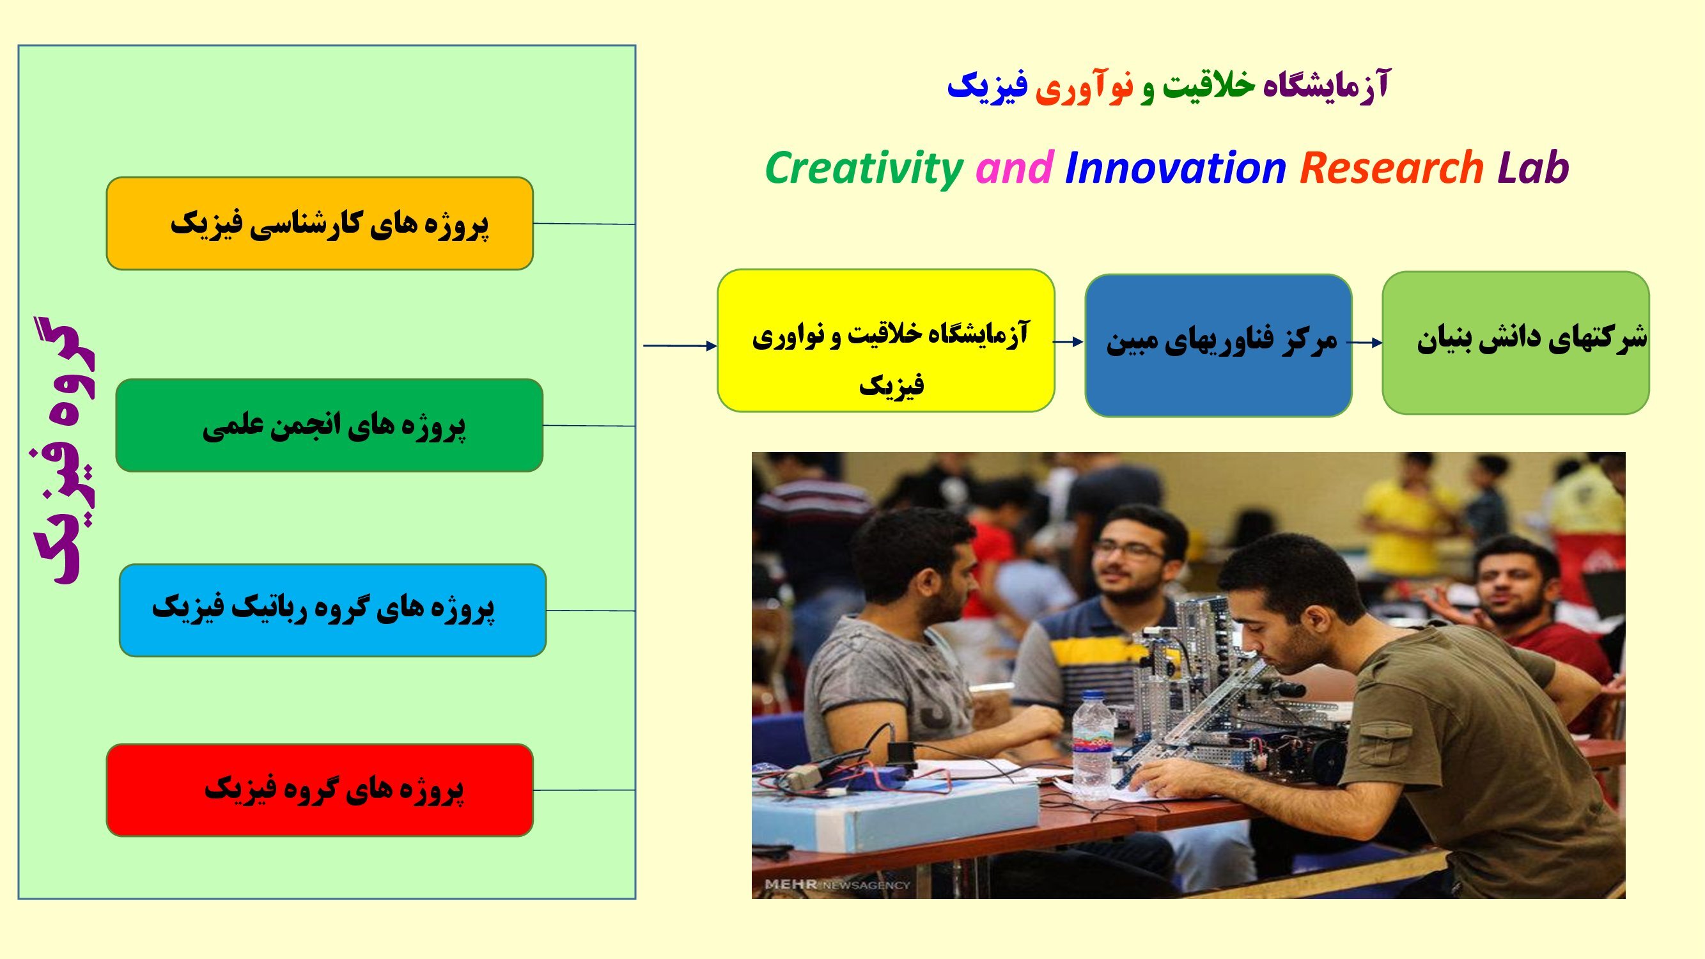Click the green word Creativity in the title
pyautogui.click(x=864, y=168)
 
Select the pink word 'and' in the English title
pyautogui.click(x=1014, y=168)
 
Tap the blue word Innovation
pyautogui.click(x=1176, y=168)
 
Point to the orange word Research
pyautogui.click(x=1391, y=168)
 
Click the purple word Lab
pyautogui.click(x=1533, y=168)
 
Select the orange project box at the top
pyautogui.click(x=320, y=223)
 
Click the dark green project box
pyautogui.click(x=329, y=425)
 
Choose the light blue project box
pyautogui.click(x=332, y=610)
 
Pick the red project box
pyautogui.click(x=320, y=790)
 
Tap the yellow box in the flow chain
pyautogui.click(x=885, y=340)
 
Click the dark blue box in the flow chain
pyautogui.click(x=1218, y=345)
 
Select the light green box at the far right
pyautogui.click(x=1515, y=343)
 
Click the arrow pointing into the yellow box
pyautogui.click(x=680, y=345)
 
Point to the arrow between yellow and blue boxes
pyautogui.click(x=1068, y=341)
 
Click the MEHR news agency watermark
pyautogui.click(x=837, y=885)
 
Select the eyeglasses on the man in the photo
pyautogui.click(x=1130, y=550)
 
